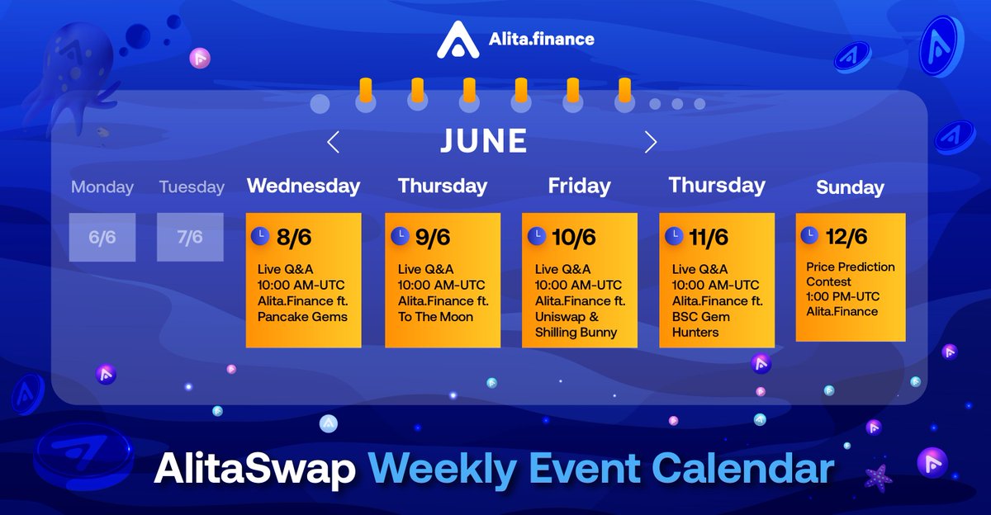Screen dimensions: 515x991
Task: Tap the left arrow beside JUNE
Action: (x=333, y=142)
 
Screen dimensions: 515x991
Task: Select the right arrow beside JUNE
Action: (x=651, y=142)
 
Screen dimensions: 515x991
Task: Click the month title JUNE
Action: (x=484, y=141)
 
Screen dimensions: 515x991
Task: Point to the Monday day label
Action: (x=102, y=187)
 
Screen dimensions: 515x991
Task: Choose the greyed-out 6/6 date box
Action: (x=102, y=238)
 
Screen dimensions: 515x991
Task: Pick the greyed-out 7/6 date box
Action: (x=190, y=238)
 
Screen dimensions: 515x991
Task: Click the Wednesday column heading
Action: (x=303, y=186)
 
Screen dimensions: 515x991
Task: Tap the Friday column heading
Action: (x=579, y=187)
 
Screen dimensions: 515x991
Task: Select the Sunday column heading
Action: (x=850, y=188)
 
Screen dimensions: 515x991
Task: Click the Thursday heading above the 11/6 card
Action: (x=717, y=185)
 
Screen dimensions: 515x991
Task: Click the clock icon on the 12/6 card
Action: (x=809, y=234)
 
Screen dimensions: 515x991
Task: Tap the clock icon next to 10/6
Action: (x=537, y=235)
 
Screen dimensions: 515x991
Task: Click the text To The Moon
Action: (x=435, y=317)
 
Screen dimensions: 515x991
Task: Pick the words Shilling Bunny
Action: (x=576, y=333)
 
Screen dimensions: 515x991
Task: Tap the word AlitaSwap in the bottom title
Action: (x=255, y=469)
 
